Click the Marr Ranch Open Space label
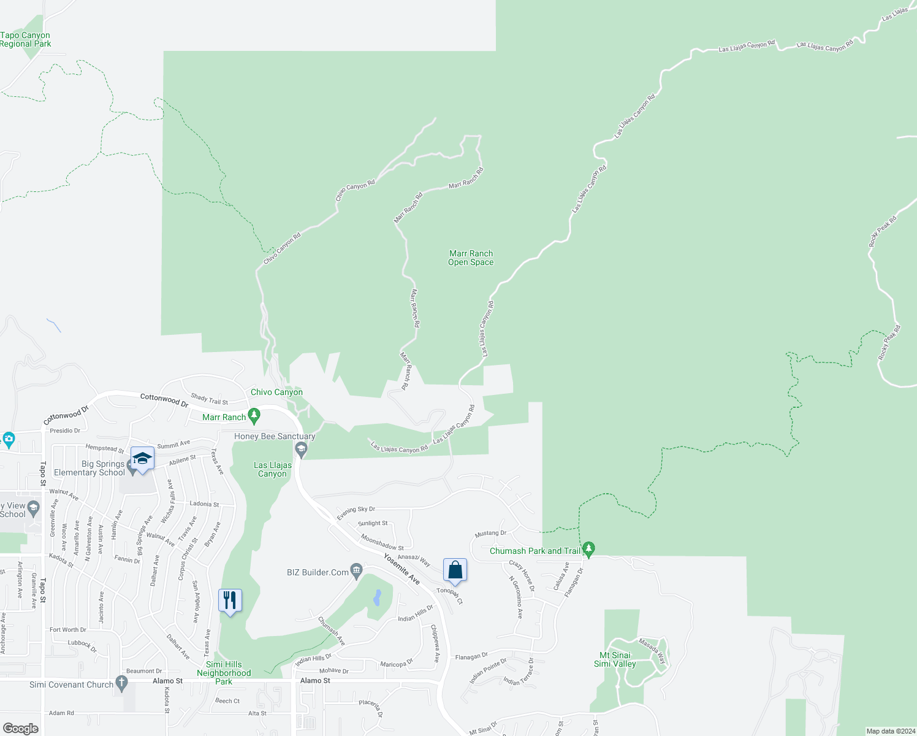[471, 258]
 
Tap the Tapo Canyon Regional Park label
[25, 40]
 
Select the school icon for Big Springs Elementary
[142, 459]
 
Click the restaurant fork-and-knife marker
[230, 600]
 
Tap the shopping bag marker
[455, 570]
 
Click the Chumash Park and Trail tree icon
[588, 550]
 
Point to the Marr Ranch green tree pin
[254, 416]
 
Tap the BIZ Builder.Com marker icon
[356, 572]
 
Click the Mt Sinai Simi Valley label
[615, 659]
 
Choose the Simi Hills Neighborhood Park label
[224, 673]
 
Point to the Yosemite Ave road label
[402, 569]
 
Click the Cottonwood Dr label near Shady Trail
[164, 400]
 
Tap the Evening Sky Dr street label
[356, 513]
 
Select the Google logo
[21, 728]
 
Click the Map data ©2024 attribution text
[890, 731]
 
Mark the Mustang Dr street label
[490, 534]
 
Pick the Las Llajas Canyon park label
[273, 469]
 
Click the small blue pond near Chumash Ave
[377, 597]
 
